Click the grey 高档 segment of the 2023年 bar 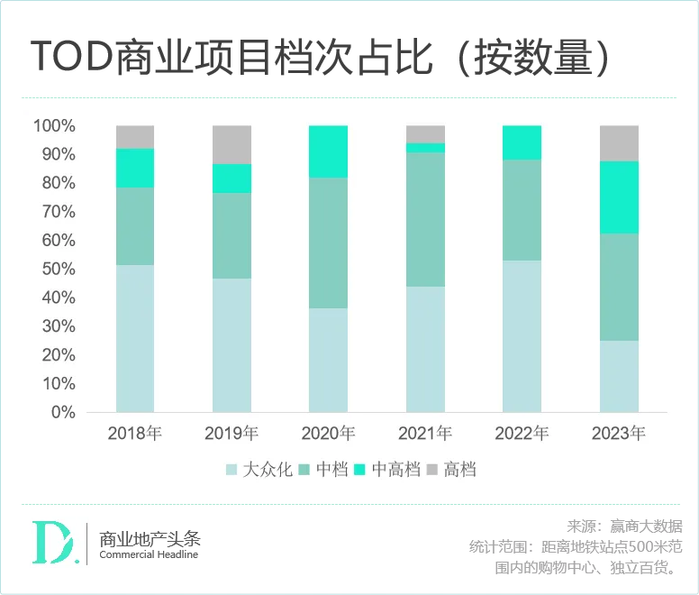pos(619,143)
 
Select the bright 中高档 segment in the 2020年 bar pos(328,151)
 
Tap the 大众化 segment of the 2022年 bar pos(522,335)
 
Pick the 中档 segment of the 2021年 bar pos(425,219)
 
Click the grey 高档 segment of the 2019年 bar pos(231,144)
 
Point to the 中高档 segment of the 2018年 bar pos(135,168)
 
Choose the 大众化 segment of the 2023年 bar pos(619,376)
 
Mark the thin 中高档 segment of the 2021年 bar pos(425,147)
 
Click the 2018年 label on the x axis pos(135,434)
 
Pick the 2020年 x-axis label pos(328,434)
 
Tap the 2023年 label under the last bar pos(619,434)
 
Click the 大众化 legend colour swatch pos(231,470)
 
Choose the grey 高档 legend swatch pos(431,470)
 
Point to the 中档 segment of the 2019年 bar pos(231,235)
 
